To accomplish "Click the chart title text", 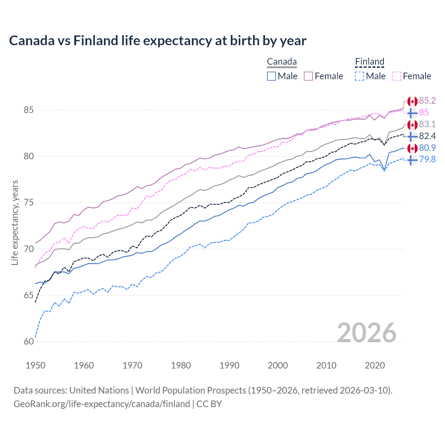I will [x=157, y=41].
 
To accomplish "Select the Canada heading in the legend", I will [x=282, y=62].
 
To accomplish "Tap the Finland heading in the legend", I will [x=370, y=62].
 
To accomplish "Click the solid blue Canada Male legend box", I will [x=272, y=76].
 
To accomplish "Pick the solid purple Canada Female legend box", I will [x=308, y=76].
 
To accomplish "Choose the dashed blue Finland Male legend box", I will [x=359, y=76].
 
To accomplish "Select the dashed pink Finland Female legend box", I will [x=397, y=76].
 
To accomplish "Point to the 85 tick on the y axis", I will [x=29, y=110].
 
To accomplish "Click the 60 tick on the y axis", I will [x=29, y=342].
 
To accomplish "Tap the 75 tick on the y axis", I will [x=29, y=203].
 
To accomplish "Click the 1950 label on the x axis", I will [x=35, y=365].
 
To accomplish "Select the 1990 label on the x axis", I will [x=229, y=365].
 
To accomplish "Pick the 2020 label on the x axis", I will [x=375, y=365].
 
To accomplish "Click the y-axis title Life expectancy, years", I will [x=15, y=222].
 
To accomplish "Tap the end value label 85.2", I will [x=427, y=101].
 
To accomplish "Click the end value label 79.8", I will [x=427, y=160].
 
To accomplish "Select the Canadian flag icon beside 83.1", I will [x=412, y=124].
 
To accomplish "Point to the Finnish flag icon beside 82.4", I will [x=412, y=136].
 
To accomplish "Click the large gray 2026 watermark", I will [x=367, y=333].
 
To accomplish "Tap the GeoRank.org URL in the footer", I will [x=102, y=404].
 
